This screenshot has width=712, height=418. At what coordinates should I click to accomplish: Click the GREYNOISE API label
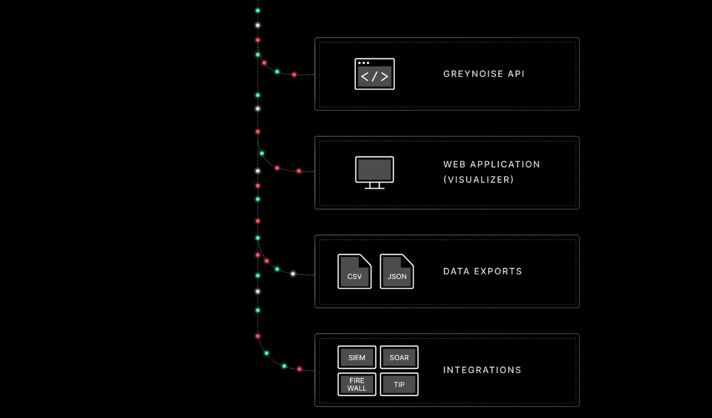484,74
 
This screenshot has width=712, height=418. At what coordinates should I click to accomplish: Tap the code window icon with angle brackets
374,74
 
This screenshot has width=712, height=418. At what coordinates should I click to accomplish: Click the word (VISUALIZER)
478,179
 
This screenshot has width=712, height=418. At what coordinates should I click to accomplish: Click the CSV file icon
354,272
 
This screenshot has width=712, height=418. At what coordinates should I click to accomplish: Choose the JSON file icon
397,272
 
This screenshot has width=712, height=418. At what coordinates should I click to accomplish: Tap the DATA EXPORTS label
482,271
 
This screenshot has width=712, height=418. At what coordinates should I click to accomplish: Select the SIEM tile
357,357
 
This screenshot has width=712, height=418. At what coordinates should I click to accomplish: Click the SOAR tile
399,357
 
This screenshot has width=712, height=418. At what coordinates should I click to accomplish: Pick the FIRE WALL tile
357,384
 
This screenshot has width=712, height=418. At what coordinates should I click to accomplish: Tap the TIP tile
399,384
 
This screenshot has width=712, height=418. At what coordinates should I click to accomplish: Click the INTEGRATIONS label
482,370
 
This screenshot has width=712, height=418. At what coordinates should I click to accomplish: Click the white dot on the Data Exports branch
293,274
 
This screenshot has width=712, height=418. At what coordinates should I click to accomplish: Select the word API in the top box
516,74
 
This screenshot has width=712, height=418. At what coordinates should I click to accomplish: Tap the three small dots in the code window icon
363,63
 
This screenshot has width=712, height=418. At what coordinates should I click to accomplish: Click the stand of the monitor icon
374,186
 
